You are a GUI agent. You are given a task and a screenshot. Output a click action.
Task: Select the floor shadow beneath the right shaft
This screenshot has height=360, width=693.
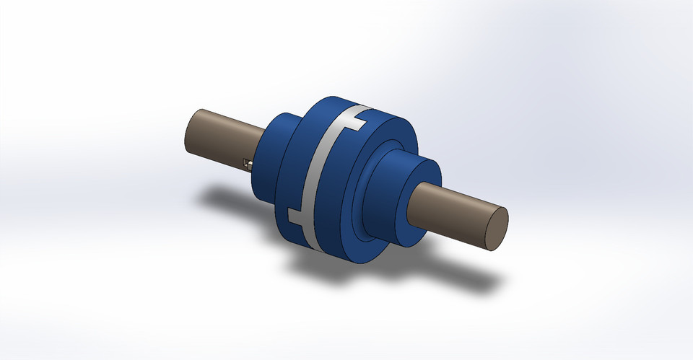462,278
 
